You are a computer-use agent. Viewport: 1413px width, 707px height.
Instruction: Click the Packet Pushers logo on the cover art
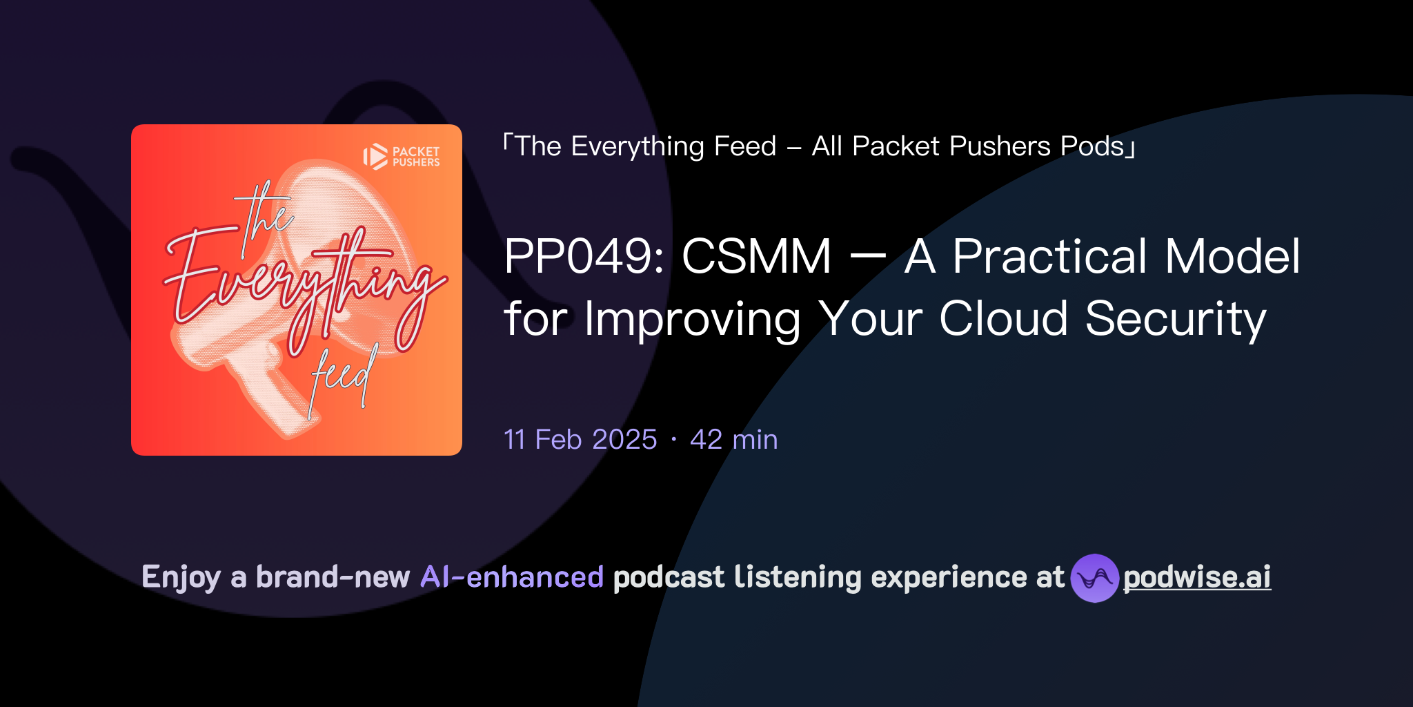(x=402, y=157)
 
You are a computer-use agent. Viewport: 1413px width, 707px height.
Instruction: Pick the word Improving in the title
(x=692, y=320)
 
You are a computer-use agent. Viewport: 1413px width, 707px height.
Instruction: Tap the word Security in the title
(x=1176, y=320)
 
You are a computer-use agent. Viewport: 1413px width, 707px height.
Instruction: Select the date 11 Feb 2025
(x=580, y=440)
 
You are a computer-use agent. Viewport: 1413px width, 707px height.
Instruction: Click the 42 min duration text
(x=733, y=440)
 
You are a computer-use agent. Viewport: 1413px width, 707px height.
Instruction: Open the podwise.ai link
(x=1196, y=577)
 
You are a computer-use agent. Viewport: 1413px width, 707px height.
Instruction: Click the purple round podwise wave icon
(x=1094, y=578)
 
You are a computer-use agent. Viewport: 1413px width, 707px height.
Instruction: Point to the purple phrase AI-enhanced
(x=512, y=577)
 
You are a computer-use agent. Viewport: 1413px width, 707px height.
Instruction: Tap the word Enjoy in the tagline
(x=181, y=577)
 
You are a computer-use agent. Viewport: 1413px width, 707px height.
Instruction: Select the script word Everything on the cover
(x=304, y=283)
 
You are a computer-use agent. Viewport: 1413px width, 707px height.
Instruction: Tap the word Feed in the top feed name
(x=745, y=146)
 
